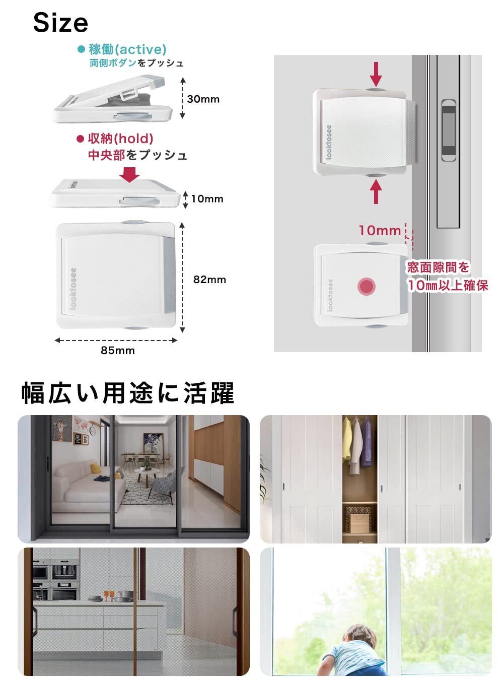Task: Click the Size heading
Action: (x=60, y=23)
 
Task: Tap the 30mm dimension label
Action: (x=203, y=99)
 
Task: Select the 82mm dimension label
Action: (x=209, y=280)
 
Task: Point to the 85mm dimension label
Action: (x=117, y=351)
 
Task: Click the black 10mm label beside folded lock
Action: (x=206, y=198)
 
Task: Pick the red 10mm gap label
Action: (x=379, y=231)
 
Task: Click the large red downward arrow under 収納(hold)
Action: (x=131, y=174)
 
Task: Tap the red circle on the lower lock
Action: (x=366, y=287)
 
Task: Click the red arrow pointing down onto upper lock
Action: (x=376, y=75)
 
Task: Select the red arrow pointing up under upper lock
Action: (x=376, y=192)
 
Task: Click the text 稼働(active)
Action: (x=127, y=49)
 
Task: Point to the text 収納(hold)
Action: (x=121, y=139)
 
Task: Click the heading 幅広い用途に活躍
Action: (x=128, y=393)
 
